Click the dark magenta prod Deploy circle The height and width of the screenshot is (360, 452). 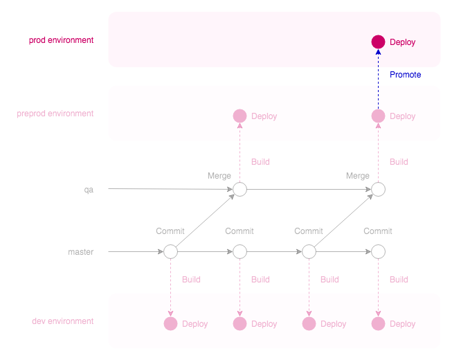(x=378, y=42)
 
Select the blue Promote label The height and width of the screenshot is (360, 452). (x=405, y=75)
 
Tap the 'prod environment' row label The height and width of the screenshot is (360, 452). (x=61, y=40)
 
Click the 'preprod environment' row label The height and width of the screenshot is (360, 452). (x=55, y=114)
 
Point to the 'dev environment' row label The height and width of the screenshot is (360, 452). (x=63, y=321)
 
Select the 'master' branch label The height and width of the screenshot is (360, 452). (x=80, y=252)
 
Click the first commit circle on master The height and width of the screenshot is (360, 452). (x=170, y=252)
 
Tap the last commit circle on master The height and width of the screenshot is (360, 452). (x=378, y=252)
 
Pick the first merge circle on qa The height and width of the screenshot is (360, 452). (x=239, y=189)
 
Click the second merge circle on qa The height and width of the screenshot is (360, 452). (x=378, y=189)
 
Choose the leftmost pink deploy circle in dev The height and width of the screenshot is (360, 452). (x=170, y=323)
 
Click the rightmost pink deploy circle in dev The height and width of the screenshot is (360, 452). (x=378, y=323)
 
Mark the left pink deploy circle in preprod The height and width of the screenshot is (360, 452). (x=239, y=116)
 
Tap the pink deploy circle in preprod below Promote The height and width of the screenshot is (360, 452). (x=378, y=116)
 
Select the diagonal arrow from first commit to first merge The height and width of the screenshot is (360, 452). (x=205, y=221)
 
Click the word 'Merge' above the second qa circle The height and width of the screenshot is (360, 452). (x=358, y=176)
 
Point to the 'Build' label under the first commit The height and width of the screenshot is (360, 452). (x=191, y=280)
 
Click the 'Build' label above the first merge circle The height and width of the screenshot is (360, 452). (x=260, y=162)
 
